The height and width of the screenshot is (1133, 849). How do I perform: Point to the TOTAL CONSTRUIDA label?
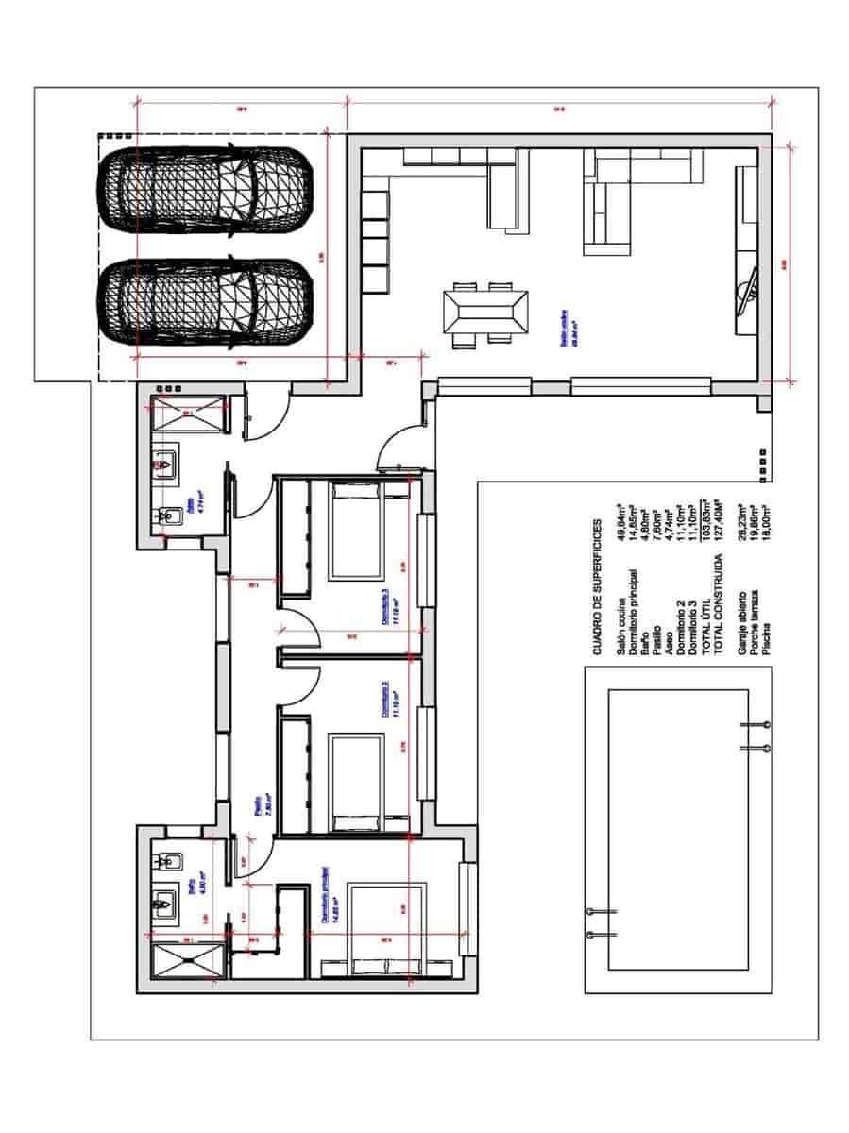click(721, 605)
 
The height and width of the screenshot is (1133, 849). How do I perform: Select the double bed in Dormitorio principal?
click(386, 930)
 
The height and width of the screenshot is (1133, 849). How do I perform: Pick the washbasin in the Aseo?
click(165, 465)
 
